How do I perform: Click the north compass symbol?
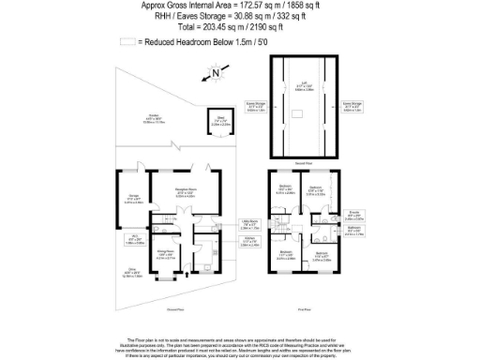pyautogui.click(x=217, y=71)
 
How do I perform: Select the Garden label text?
pyautogui.click(x=150, y=120)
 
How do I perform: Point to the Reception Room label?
pyautogui.click(x=190, y=195)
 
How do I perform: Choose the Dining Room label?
pyautogui.click(x=165, y=254)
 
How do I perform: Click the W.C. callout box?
pyautogui.click(x=134, y=238)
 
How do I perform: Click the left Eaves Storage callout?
pyautogui.click(x=255, y=107)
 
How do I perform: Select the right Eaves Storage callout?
pyautogui.click(x=352, y=106)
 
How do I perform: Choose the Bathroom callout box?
pyautogui.click(x=352, y=233)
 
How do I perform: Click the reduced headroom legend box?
pyautogui.click(x=127, y=43)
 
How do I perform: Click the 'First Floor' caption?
pyautogui.click(x=303, y=307)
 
